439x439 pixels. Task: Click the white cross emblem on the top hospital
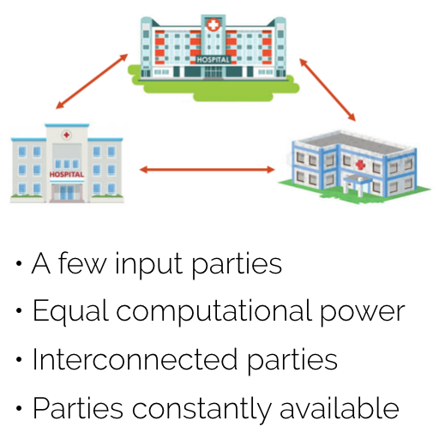pyautogui.click(x=213, y=25)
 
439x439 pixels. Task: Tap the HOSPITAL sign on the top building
pyautogui.click(x=213, y=60)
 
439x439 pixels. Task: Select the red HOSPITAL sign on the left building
pyautogui.click(x=67, y=174)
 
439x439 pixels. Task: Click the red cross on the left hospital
pyautogui.click(x=67, y=135)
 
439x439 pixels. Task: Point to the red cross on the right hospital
pyautogui.click(x=360, y=165)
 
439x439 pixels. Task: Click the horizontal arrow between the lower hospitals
pyautogui.click(x=207, y=170)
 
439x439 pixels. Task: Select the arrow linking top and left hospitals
pyautogui.click(x=92, y=81)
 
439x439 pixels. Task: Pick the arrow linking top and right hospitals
pyautogui.click(x=328, y=90)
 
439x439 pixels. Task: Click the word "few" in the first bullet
pyautogui.click(x=82, y=263)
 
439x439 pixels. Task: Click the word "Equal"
pyautogui.click(x=71, y=312)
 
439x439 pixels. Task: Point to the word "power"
pyautogui.click(x=362, y=314)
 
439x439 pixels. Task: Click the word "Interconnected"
pyautogui.click(x=135, y=359)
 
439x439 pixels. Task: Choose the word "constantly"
pyautogui.click(x=201, y=408)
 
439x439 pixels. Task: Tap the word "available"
pyautogui.click(x=340, y=407)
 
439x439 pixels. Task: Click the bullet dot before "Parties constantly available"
pyautogui.click(x=19, y=408)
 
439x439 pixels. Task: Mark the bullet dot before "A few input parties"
pyautogui.click(x=19, y=263)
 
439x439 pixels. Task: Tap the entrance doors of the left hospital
pyautogui.click(x=67, y=192)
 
